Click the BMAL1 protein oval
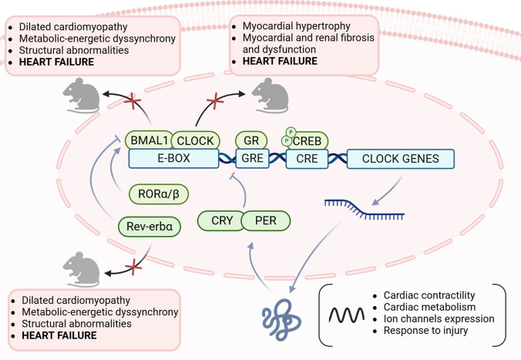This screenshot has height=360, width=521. pyautogui.click(x=150, y=140)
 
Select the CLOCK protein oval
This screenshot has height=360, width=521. pyautogui.click(x=196, y=140)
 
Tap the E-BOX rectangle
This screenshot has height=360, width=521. pyautogui.click(x=173, y=158)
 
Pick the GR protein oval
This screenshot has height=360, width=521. pyautogui.click(x=251, y=140)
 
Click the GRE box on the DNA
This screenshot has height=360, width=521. pyautogui.click(x=252, y=159)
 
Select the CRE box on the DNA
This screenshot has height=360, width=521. pyautogui.click(x=307, y=159)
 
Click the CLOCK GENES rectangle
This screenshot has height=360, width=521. pyautogui.click(x=401, y=159)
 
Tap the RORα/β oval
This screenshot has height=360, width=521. pyautogui.click(x=159, y=193)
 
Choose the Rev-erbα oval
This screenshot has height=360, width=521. pyautogui.click(x=150, y=227)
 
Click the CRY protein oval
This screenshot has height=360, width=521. pyautogui.click(x=222, y=220)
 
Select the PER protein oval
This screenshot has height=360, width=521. pyautogui.click(x=266, y=220)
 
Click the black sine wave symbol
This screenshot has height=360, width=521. pyautogui.click(x=347, y=315)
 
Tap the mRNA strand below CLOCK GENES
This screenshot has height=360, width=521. pyautogui.click(x=365, y=210)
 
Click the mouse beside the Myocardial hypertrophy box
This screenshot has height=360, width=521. pyautogui.click(x=270, y=96)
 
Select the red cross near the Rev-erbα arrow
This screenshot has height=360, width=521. pyautogui.click(x=133, y=267)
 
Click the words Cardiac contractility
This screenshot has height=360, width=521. pyautogui.click(x=429, y=295)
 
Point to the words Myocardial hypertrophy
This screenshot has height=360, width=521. pyautogui.click(x=297, y=26)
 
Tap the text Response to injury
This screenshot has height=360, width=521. pyautogui.click(x=425, y=331)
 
